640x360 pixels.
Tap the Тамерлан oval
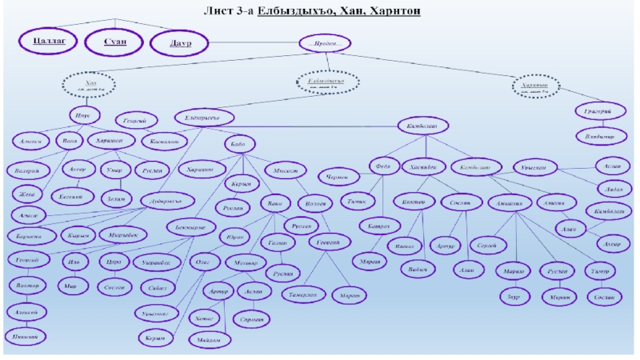[299, 294]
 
